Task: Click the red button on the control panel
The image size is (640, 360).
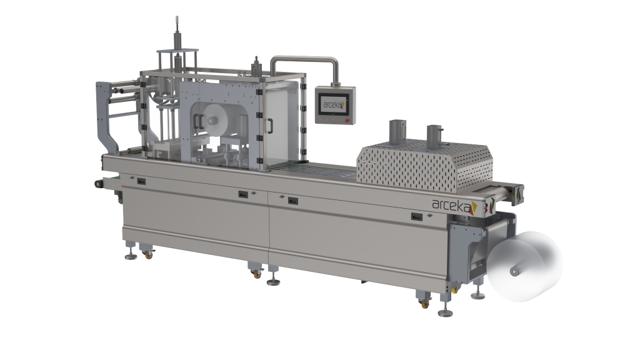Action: [347, 121]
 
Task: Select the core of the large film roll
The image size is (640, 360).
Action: [514, 270]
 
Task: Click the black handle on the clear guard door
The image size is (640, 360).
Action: [270, 126]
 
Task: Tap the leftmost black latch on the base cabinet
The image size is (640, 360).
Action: [141, 181]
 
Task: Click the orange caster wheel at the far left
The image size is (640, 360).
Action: [148, 255]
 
